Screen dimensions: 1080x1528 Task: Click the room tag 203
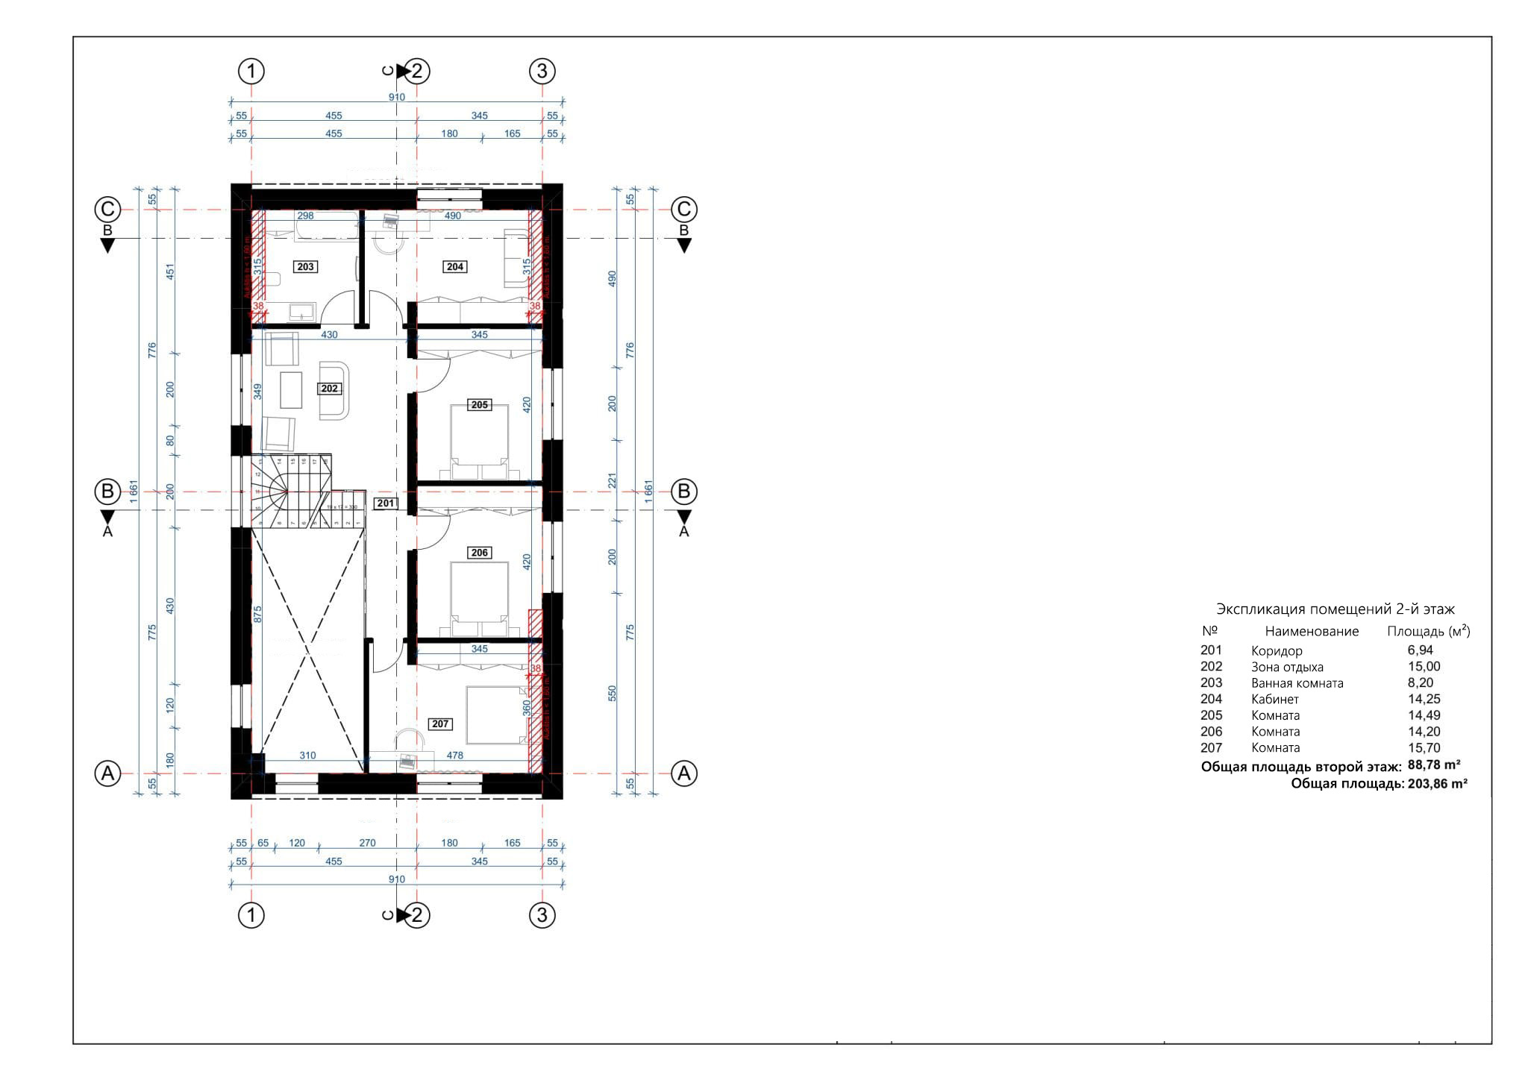tap(306, 266)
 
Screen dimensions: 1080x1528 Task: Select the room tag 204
tap(455, 266)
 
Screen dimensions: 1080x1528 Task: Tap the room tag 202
tap(329, 388)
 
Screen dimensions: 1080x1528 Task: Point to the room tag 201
tap(385, 503)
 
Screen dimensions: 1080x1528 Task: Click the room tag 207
tap(440, 723)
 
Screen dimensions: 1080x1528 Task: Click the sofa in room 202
tap(334, 391)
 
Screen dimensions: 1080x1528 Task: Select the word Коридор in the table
tap(1277, 650)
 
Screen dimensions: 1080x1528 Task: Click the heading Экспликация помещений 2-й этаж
tap(1336, 609)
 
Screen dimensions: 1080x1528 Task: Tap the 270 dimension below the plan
tap(367, 843)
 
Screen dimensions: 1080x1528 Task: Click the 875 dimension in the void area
tap(258, 614)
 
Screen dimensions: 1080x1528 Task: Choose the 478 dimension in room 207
tap(454, 755)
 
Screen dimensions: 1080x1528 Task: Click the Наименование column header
tap(1312, 631)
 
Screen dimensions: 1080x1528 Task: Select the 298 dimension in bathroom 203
tap(305, 216)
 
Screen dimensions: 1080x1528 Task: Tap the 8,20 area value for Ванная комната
tap(1421, 682)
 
